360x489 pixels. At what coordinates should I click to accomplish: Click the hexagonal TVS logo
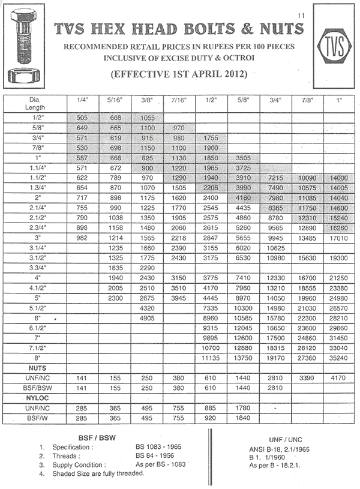click(329, 46)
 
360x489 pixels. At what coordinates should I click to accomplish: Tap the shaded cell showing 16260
click(339, 228)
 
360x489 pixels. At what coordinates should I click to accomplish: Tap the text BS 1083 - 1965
click(158, 447)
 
